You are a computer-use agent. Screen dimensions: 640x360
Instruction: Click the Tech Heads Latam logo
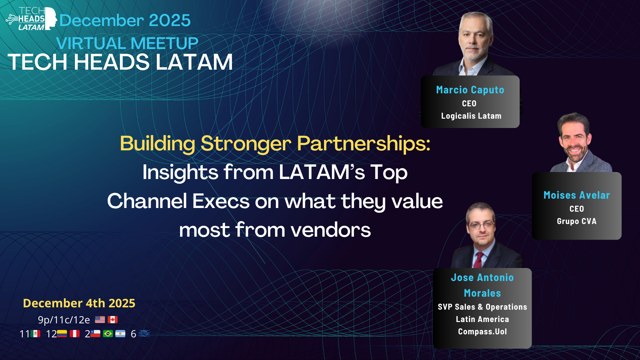[x=31, y=19]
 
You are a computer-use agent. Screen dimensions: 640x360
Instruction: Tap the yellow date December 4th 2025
[x=79, y=303]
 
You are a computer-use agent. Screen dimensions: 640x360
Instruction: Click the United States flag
[x=100, y=320]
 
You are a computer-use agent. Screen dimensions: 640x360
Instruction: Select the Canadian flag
[x=113, y=320]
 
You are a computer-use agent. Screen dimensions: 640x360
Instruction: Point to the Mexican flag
[x=35, y=334]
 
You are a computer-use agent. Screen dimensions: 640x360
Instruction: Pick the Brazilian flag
[x=108, y=334]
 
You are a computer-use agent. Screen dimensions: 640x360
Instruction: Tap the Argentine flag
[x=120, y=334]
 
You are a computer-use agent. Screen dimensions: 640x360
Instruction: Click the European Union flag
[x=144, y=333]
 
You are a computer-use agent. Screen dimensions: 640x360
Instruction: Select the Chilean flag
[x=95, y=334]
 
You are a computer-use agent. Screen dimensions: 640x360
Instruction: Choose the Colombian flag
[x=62, y=334]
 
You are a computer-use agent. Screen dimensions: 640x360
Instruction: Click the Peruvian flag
[x=75, y=334]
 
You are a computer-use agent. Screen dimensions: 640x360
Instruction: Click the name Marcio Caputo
[x=470, y=90]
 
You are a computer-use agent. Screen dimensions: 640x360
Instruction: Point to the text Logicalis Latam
[x=471, y=116]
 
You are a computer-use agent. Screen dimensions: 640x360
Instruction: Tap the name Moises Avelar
[x=577, y=195]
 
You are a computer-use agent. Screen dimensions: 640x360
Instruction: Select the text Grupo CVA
[x=577, y=221]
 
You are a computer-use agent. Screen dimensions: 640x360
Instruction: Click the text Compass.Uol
[x=482, y=332]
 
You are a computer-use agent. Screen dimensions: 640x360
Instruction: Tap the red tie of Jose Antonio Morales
[x=478, y=260]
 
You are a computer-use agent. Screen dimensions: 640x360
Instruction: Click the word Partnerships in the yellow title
[x=364, y=144]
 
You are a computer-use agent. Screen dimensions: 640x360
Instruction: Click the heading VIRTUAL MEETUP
[x=127, y=43]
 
